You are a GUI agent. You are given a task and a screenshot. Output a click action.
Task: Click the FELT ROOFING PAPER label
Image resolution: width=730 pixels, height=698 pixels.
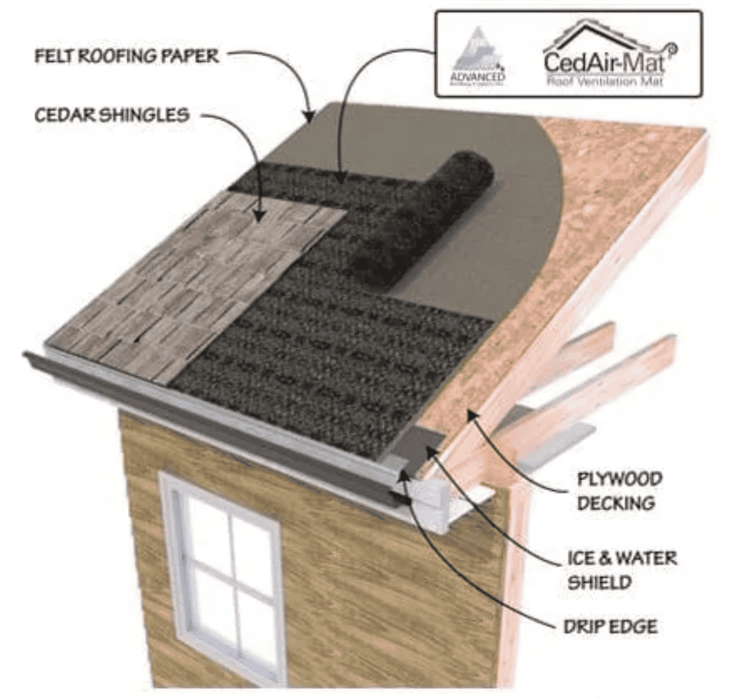point(127,56)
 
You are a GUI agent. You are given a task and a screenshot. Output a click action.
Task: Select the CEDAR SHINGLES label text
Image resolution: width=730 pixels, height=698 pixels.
point(112,115)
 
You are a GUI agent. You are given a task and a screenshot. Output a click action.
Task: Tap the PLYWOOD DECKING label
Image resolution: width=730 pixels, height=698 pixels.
point(619,490)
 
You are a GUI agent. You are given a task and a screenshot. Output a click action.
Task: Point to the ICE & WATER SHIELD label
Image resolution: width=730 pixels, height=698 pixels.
point(621,570)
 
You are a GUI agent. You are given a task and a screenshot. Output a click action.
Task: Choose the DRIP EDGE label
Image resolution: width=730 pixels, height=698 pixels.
point(610,626)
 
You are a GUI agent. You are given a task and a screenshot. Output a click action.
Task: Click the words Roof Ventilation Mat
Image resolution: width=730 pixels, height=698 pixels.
point(605,81)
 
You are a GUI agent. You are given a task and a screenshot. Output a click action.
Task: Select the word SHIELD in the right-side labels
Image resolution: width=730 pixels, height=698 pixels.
point(599,582)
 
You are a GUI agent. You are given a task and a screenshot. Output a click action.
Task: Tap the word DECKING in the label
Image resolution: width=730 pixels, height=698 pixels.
point(616,503)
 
